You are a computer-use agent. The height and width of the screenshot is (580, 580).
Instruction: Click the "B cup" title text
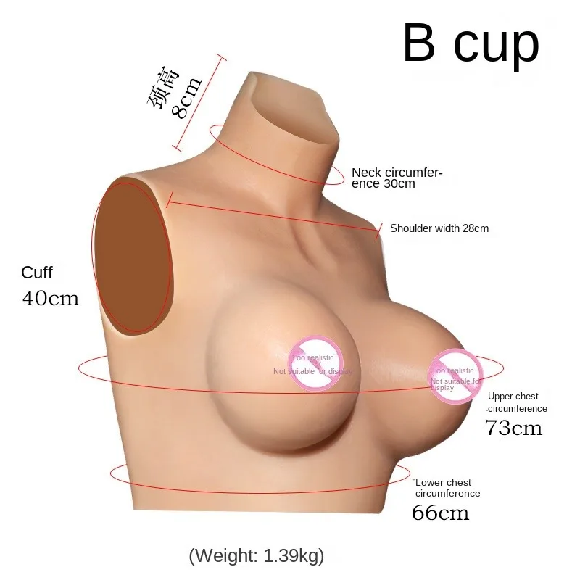pos(471,44)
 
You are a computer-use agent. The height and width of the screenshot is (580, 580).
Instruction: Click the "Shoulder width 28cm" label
pos(439,228)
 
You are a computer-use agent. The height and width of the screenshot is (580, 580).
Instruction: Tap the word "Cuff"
pos(37,273)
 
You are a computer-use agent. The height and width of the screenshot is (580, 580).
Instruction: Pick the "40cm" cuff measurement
pos(50,298)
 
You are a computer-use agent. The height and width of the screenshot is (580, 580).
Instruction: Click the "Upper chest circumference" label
pos(516,402)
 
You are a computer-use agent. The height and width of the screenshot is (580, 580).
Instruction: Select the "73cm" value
pos(513,428)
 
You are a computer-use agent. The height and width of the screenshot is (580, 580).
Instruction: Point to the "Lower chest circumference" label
pos(447,488)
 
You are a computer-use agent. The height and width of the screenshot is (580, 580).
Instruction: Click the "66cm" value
pos(440,513)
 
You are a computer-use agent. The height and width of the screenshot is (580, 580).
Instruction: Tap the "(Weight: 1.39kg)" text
pos(256,556)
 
